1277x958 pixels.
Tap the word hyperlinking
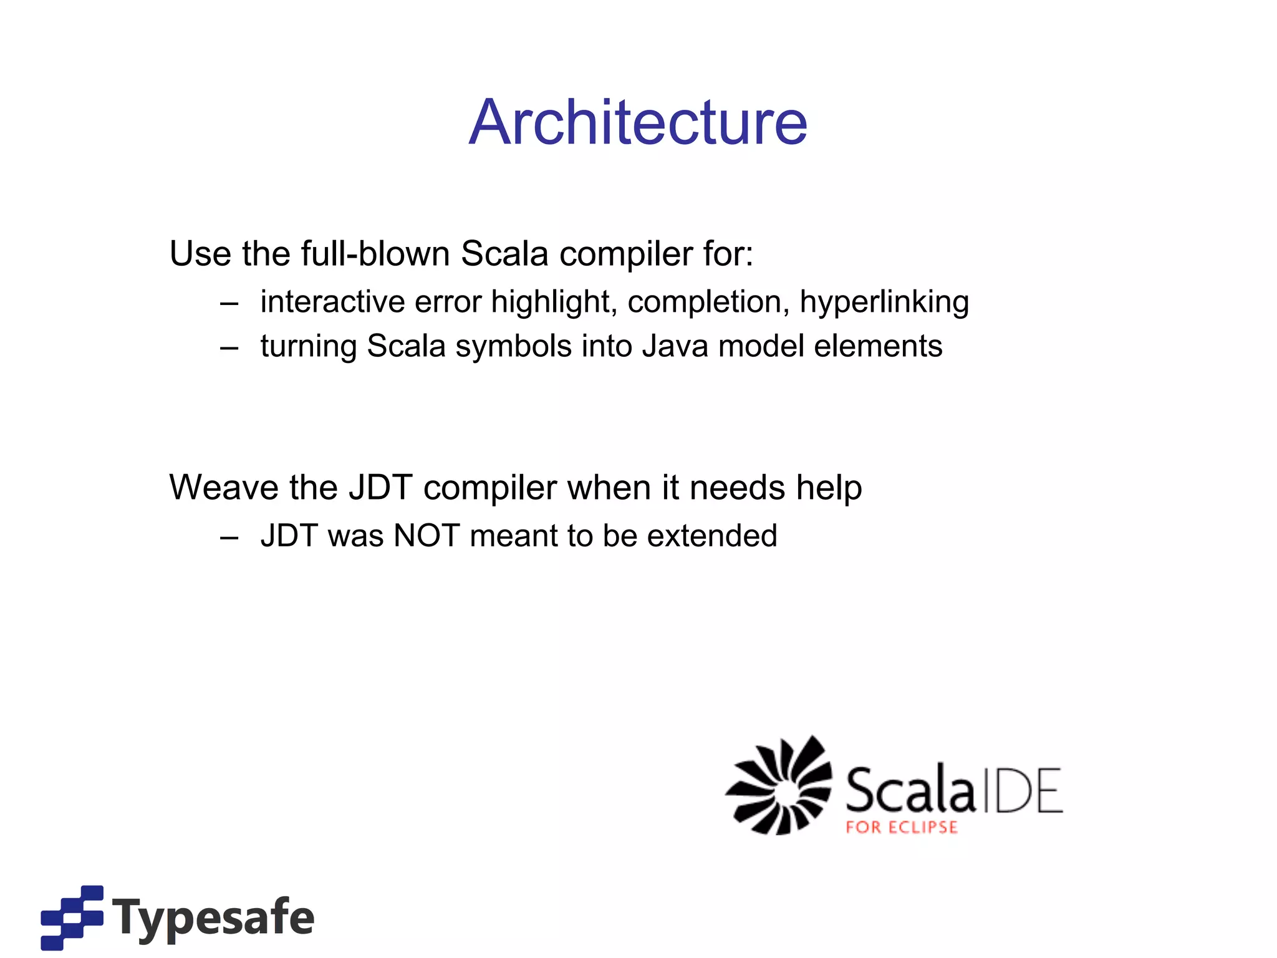[884, 302]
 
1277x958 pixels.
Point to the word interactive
[332, 302]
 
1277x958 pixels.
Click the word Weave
[222, 487]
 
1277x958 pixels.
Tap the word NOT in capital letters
[426, 535]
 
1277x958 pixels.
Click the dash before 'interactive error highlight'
[229, 304]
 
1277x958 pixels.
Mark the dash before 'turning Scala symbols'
[229, 348]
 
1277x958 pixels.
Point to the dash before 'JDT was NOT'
[229, 537]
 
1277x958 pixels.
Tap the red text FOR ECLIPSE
[901, 828]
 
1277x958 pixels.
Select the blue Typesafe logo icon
[72, 917]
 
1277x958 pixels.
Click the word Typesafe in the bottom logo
[213, 917]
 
